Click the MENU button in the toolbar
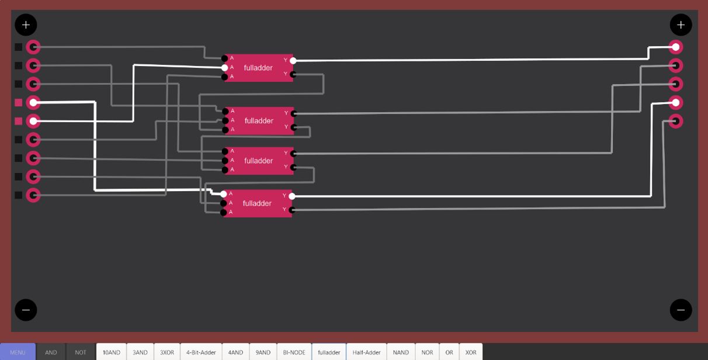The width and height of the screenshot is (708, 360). (18, 352)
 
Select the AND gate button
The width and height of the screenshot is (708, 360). (51, 352)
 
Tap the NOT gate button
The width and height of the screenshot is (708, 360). (81, 352)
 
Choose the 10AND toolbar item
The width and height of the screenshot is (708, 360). (111, 352)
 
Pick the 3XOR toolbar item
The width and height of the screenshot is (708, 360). (167, 352)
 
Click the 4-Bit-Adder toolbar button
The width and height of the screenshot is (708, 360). (201, 352)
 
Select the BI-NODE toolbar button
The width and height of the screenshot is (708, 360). (294, 352)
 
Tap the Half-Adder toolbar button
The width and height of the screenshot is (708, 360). (366, 352)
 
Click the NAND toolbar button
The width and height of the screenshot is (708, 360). (401, 352)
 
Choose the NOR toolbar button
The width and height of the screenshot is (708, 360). (427, 352)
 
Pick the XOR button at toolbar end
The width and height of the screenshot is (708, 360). (470, 352)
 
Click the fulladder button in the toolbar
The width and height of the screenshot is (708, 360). (329, 352)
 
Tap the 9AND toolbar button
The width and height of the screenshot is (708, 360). (263, 352)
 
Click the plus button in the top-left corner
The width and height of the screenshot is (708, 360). (26, 25)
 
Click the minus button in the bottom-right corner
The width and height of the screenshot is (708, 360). (681, 310)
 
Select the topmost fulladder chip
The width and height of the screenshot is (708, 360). (258, 68)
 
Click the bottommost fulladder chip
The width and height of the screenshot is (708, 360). (257, 203)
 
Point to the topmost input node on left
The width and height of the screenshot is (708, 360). (33, 47)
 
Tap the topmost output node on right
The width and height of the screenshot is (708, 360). (675, 47)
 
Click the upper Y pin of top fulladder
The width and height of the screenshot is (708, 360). (293, 60)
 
